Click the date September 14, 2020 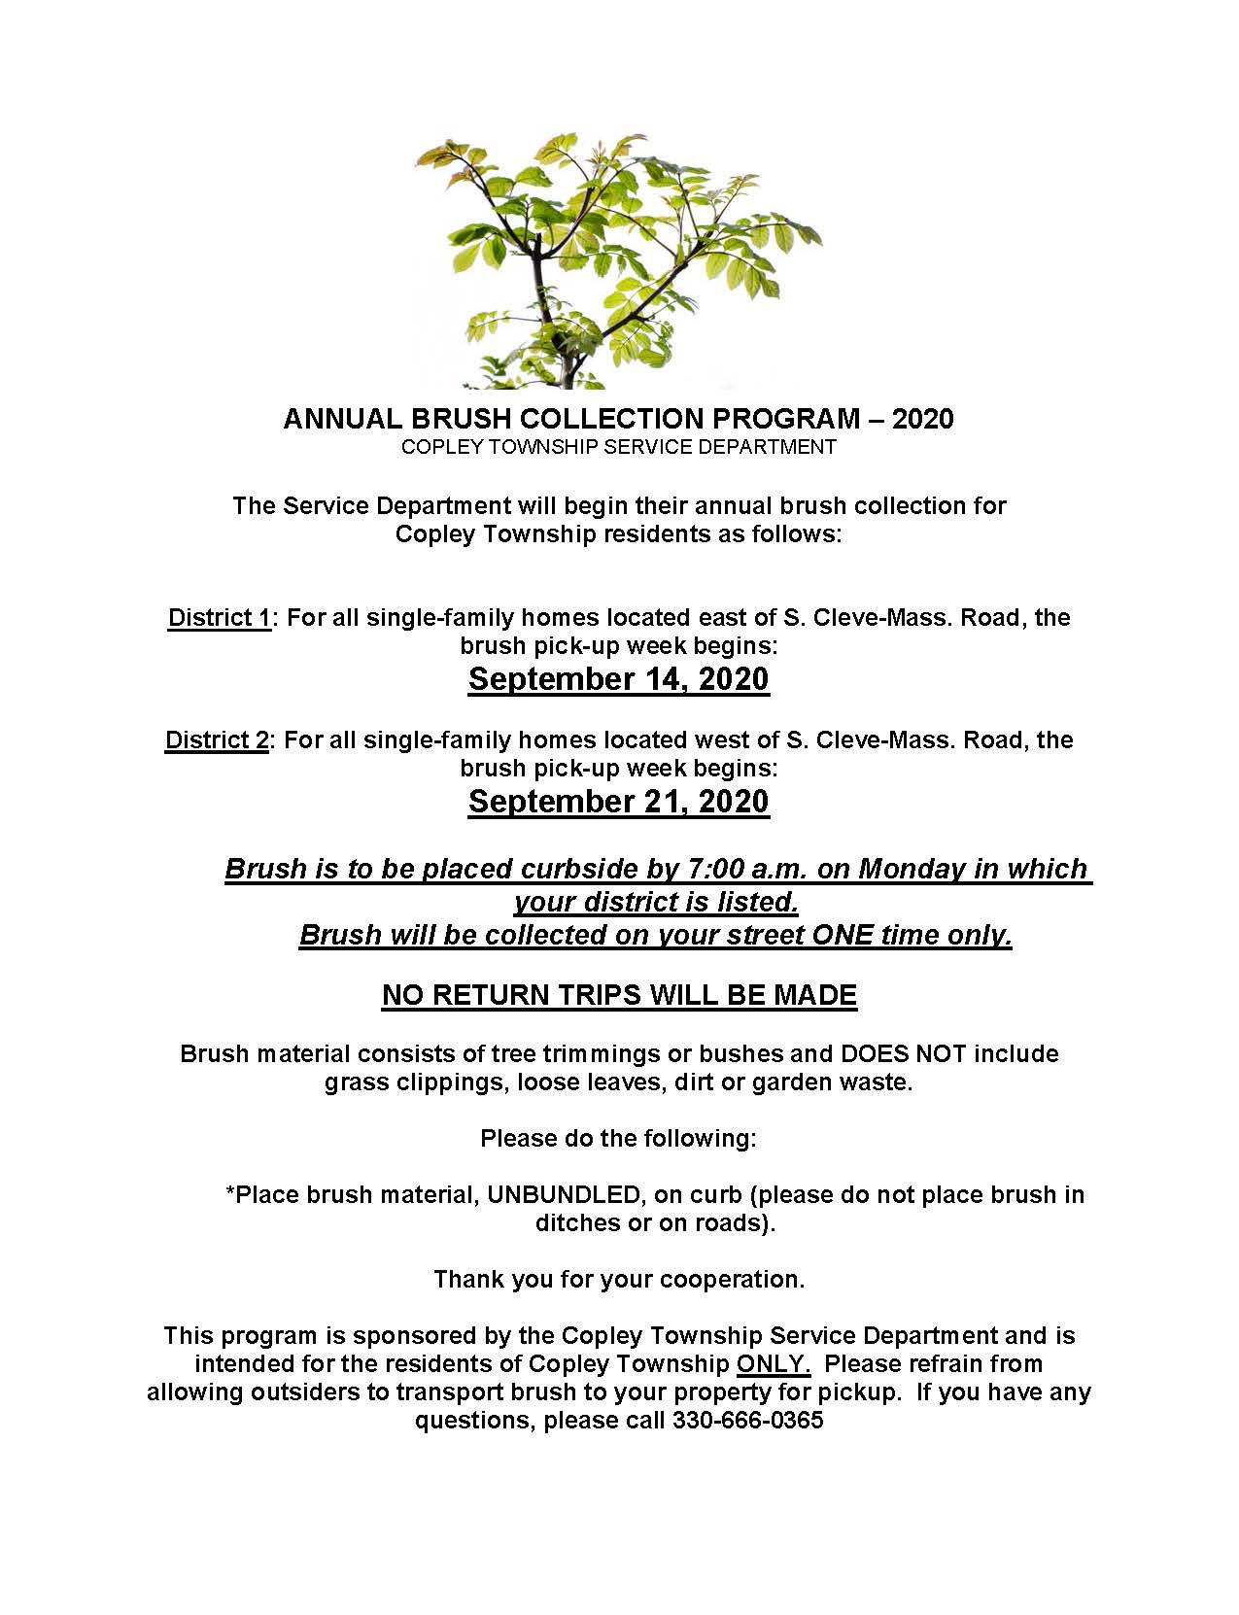618,678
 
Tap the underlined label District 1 219,617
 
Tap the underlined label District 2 216,739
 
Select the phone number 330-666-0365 747,1420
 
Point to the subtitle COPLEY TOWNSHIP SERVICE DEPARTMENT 618,447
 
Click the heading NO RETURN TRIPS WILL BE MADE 619,995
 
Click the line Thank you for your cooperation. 619,1279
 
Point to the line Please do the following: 618,1138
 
